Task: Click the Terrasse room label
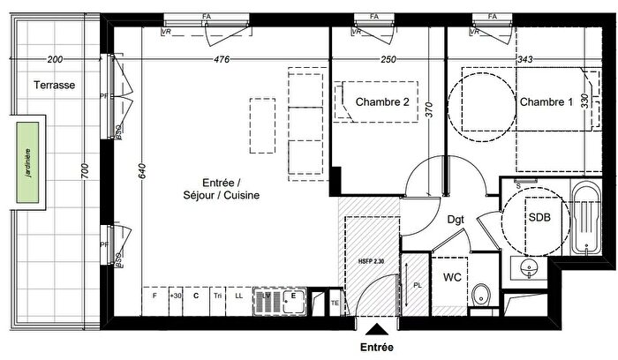point(54,86)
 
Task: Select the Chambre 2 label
point(381,102)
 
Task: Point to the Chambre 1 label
point(546,102)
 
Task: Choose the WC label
point(452,277)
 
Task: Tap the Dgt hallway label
point(456,218)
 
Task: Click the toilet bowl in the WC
point(479,295)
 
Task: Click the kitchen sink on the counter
point(280,303)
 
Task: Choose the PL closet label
point(418,285)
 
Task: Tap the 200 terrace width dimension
point(55,60)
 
